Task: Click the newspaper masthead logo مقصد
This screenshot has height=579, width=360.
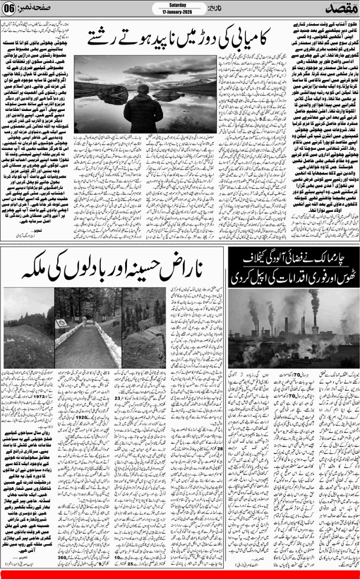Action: [336, 10]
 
